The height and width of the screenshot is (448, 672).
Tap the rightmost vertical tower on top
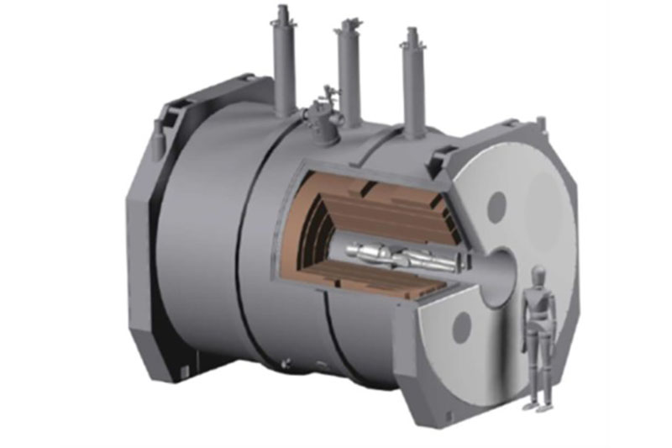(x=411, y=80)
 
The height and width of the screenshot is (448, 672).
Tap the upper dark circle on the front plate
(x=496, y=204)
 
